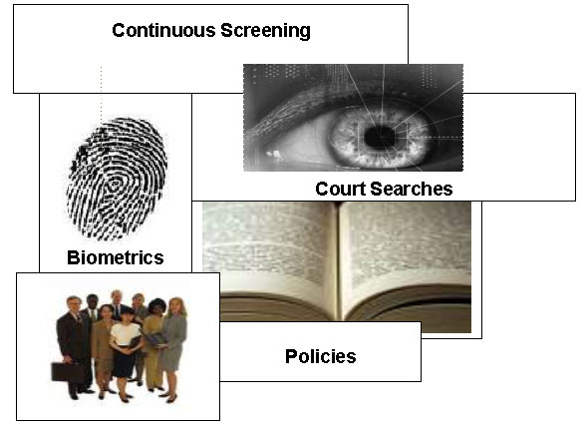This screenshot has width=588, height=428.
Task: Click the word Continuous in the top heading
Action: point(163,30)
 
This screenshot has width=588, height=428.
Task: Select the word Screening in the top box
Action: point(265,31)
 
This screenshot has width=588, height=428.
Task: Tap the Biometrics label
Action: point(116,257)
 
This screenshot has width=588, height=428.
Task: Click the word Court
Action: point(341,189)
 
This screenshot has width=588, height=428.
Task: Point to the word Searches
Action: point(412,189)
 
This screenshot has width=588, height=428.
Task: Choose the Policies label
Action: point(321,356)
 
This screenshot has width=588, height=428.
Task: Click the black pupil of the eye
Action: point(379,138)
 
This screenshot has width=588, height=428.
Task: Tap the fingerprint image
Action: point(117,180)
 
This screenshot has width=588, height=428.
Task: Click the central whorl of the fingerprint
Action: point(114,185)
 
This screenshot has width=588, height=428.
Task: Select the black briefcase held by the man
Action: point(68,371)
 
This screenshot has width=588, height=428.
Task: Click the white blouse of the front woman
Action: point(126,334)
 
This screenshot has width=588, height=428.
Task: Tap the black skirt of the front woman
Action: point(124,361)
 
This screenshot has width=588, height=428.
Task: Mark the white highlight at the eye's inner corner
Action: point(274,154)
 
